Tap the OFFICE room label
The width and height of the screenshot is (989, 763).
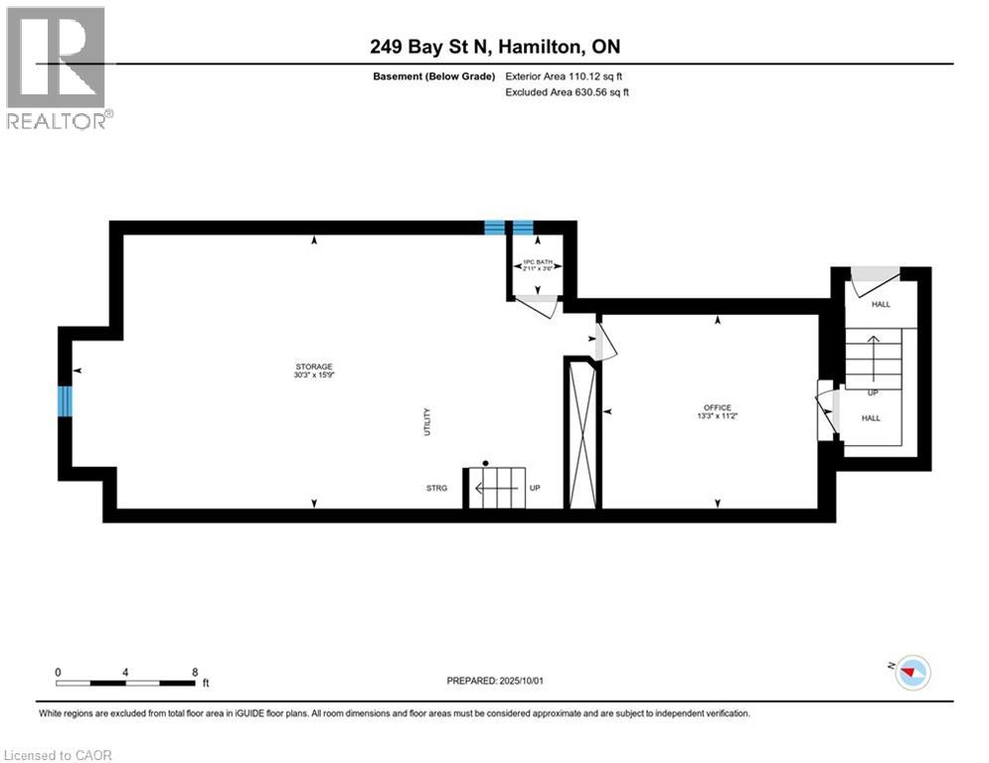pos(718,407)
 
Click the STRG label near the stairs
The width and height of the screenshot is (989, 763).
pos(437,488)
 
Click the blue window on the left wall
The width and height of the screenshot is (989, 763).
pos(66,400)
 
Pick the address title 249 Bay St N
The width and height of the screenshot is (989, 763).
pos(494,47)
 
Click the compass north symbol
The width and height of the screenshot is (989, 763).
pos(911,674)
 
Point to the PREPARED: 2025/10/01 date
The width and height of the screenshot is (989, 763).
pos(494,681)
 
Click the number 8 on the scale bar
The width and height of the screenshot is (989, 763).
pos(194,672)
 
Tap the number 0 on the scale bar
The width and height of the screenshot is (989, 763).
pos(59,672)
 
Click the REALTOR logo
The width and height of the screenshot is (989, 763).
pos(58,68)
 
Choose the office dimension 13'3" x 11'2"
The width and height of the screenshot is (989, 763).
pos(718,416)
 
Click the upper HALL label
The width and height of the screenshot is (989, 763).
pos(881,305)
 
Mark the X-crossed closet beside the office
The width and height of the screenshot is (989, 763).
pos(581,435)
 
